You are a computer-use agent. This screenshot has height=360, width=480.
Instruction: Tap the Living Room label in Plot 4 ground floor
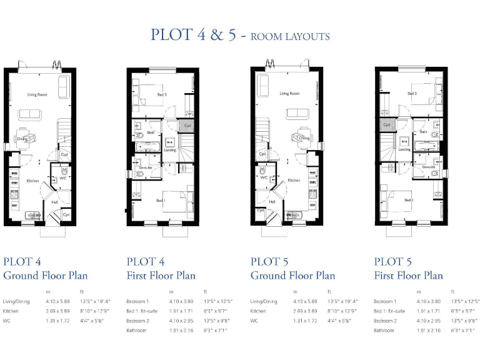(x=37, y=94)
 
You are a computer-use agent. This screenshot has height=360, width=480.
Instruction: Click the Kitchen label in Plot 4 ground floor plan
(x=32, y=181)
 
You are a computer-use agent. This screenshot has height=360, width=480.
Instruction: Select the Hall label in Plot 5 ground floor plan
(x=272, y=202)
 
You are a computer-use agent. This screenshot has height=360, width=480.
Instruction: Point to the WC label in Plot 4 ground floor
(x=63, y=178)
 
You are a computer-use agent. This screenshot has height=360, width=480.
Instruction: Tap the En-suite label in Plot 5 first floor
(x=428, y=167)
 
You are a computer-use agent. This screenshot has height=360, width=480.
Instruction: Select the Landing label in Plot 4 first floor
(x=171, y=149)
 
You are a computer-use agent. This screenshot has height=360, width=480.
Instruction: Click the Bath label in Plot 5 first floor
(x=423, y=132)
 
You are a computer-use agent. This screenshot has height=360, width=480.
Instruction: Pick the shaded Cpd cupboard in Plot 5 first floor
(x=387, y=125)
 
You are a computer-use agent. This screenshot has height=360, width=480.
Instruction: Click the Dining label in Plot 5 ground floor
(x=304, y=138)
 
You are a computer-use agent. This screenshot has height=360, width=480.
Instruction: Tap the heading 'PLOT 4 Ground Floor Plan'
(x=46, y=268)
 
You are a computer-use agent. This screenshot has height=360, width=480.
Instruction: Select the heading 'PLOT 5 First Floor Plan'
(x=409, y=268)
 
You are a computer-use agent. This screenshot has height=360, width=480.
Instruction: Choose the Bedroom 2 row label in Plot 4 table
(x=138, y=320)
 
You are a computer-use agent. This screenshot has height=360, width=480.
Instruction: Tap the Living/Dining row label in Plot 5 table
(x=263, y=301)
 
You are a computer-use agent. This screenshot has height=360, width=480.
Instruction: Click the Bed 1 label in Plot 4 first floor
(x=161, y=200)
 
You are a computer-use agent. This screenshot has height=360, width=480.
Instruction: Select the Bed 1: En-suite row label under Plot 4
(x=142, y=311)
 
